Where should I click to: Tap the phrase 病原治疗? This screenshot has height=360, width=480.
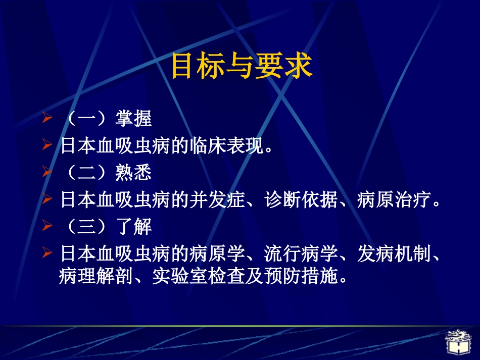397,200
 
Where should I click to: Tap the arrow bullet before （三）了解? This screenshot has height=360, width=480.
47,227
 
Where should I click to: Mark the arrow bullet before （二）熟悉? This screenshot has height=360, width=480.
47,173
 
